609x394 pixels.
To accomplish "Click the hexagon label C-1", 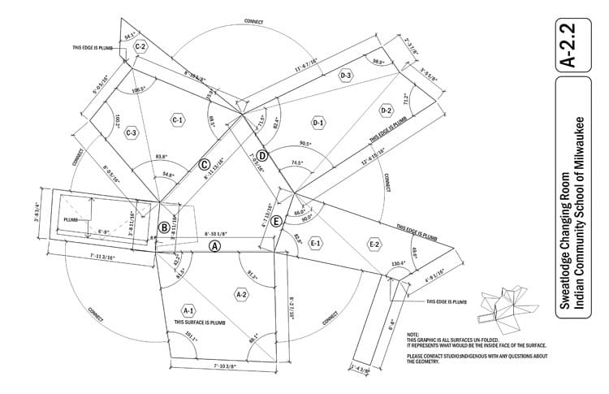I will [177, 120].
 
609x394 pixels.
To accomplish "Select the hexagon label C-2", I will [140, 47].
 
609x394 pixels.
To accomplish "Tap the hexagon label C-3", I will [131, 133].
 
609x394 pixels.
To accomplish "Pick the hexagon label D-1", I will [318, 123].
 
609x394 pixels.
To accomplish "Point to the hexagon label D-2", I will [386, 109].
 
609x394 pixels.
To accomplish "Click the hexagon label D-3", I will [347, 76].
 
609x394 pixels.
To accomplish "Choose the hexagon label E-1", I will [316, 243].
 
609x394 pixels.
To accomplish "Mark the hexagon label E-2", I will [374, 244].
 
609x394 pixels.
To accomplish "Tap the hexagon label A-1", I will [188, 310].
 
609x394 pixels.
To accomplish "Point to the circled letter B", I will [164, 227].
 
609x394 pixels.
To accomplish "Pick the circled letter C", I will [205, 165].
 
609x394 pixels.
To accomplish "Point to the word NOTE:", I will [413, 335].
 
